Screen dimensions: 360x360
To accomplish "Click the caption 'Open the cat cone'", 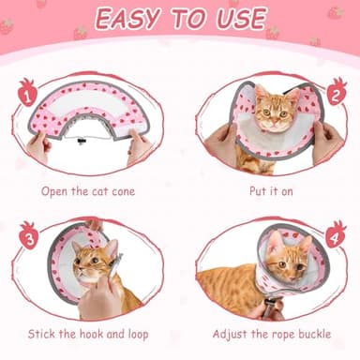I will point(88,192).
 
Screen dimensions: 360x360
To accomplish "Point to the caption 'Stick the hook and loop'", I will point(89,334).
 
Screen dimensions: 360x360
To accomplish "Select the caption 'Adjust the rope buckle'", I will point(269,334).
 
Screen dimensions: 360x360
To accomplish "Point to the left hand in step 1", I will point(38,146).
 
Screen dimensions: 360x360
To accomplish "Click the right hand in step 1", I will point(140,146).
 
